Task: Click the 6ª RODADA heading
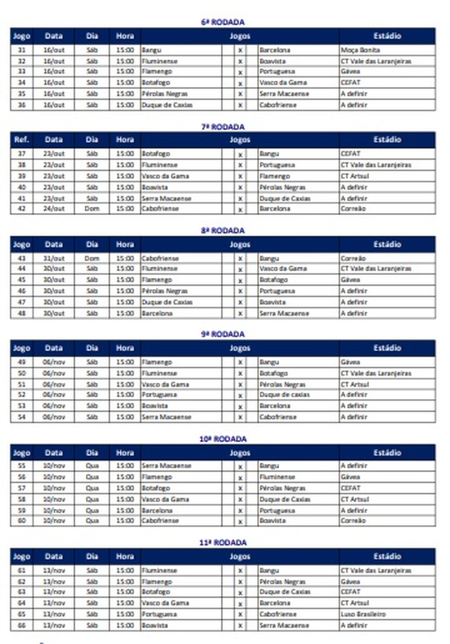click(x=223, y=22)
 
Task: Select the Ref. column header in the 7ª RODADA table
click(x=21, y=140)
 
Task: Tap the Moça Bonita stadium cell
click(x=360, y=50)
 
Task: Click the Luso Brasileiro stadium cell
click(x=363, y=614)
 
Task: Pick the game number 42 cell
click(x=21, y=209)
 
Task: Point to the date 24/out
click(x=54, y=209)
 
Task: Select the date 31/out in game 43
click(x=54, y=259)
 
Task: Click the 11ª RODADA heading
click(x=223, y=543)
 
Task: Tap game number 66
click(x=21, y=625)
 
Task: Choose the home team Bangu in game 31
click(x=152, y=50)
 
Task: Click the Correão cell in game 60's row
click(x=353, y=521)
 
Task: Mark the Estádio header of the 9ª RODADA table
click(x=387, y=348)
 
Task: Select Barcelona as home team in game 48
click(x=157, y=314)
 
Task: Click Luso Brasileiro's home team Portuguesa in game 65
click(x=159, y=614)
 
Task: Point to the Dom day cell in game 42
click(x=92, y=209)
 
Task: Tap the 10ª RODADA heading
click(x=223, y=439)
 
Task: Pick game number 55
click(x=21, y=466)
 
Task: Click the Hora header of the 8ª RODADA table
click(x=125, y=244)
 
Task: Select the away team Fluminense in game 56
click(x=277, y=477)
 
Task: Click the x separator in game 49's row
click(x=240, y=363)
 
